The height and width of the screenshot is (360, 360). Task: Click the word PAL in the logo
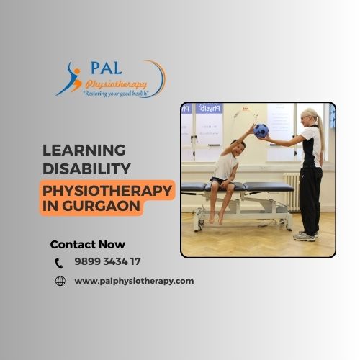107,68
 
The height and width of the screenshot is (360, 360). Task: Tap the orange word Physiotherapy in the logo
116,84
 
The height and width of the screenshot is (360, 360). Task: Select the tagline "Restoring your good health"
116,94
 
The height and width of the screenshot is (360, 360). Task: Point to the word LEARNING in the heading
84,150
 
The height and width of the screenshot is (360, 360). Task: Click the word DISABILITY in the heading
86,168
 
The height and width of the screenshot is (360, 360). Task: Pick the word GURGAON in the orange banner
101,206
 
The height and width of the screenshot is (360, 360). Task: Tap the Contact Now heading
88,245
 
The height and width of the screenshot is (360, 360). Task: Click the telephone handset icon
59,263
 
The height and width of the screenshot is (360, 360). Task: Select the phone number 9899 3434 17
107,261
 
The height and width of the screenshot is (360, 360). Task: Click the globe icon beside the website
60,281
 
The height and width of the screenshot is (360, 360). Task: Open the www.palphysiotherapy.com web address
134,281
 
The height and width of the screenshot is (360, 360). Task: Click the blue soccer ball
261,131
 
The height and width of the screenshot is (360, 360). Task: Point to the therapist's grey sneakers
305,236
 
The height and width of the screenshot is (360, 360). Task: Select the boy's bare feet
216,218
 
